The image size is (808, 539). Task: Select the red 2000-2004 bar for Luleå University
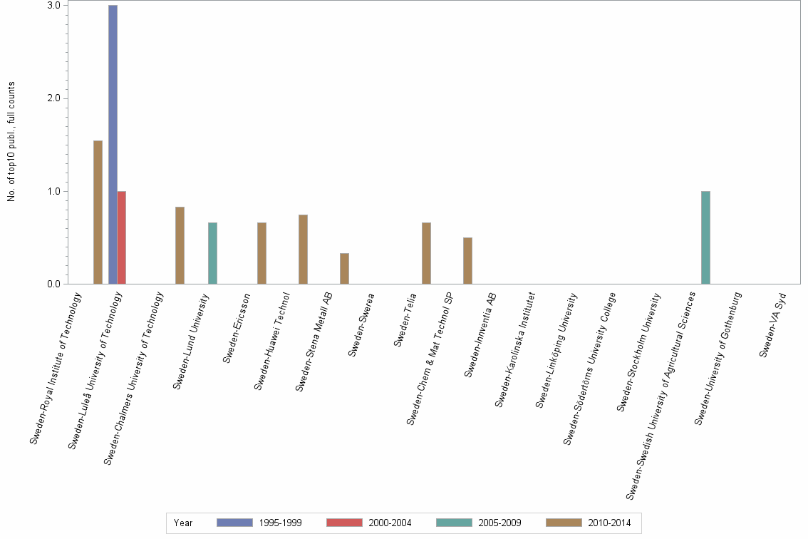click(x=122, y=237)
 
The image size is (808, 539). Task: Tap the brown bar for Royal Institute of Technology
click(x=98, y=212)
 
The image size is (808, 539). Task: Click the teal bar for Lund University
click(x=212, y=253)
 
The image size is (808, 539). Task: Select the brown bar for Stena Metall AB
click(x=344, y=269)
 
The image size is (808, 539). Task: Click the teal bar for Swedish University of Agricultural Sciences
click(x=705, y=237)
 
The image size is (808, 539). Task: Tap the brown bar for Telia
click(x=426, y=253)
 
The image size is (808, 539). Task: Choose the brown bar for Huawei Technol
click(x=303, y=250)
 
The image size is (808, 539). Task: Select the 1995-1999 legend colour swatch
click(x=234, y=523)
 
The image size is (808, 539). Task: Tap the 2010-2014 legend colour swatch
click(x=563, y=523)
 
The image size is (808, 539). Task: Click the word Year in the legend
click(x=183, y=523)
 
